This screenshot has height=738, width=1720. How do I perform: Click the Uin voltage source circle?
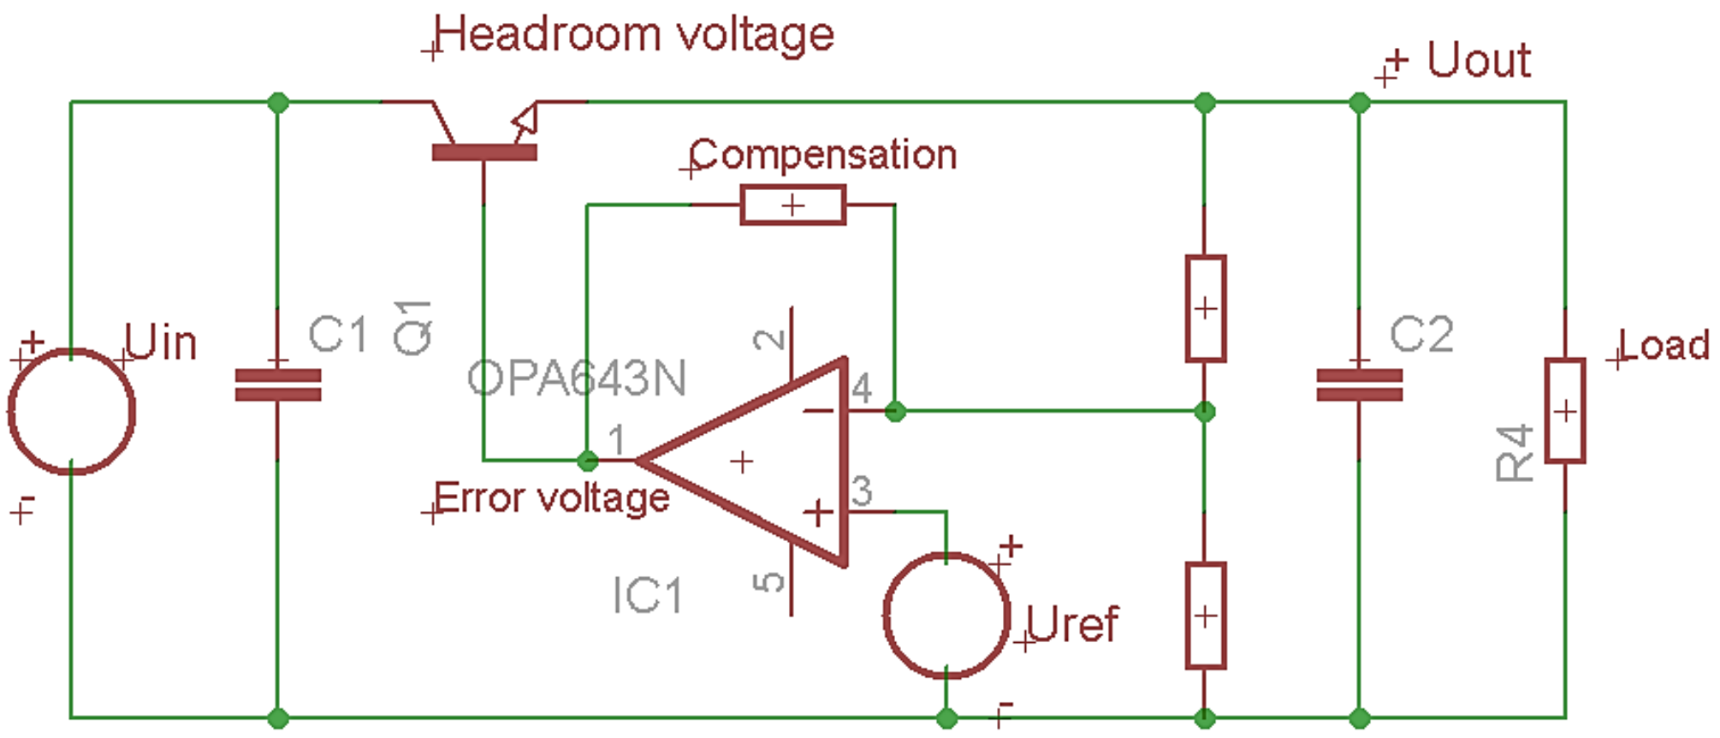pos(72,411)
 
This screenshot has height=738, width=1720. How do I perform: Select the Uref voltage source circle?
pos(946,616)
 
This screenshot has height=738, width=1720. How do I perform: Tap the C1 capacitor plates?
pos(277,385)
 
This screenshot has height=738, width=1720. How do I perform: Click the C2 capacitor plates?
pos(1359,385)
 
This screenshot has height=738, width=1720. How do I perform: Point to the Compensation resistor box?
pos(792,205)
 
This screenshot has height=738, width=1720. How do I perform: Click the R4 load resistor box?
pos(1564,411)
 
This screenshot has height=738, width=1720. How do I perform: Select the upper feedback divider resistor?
pos(1205,308)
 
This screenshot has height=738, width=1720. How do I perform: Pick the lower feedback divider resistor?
pos(1205,616)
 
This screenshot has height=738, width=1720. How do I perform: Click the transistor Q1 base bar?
pos(484,152)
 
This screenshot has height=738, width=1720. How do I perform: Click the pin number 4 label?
pos(861,389)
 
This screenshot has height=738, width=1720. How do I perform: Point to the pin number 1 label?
pos(616,440)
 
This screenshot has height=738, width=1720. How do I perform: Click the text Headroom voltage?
pos(634,35)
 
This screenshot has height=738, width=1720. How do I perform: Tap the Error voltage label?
pos(551,497)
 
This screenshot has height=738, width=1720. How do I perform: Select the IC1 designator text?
pos(647,595)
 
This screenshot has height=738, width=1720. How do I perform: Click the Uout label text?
pos(1478,61)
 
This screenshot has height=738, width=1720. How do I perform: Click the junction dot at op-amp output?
pos(587,461)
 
